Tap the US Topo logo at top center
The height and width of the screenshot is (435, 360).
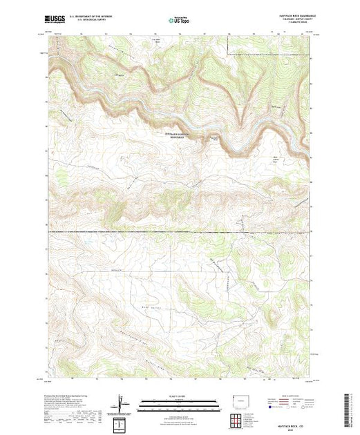click(179, 21)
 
